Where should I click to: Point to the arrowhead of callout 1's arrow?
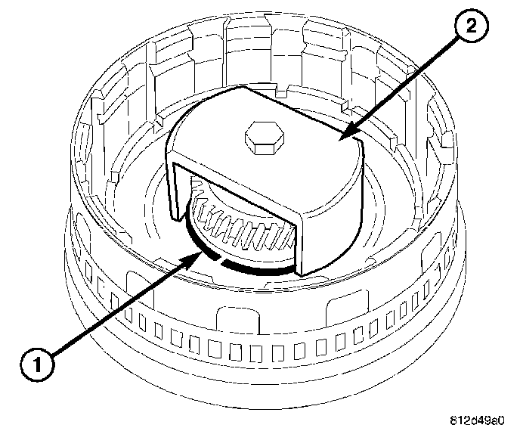[198, 255]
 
